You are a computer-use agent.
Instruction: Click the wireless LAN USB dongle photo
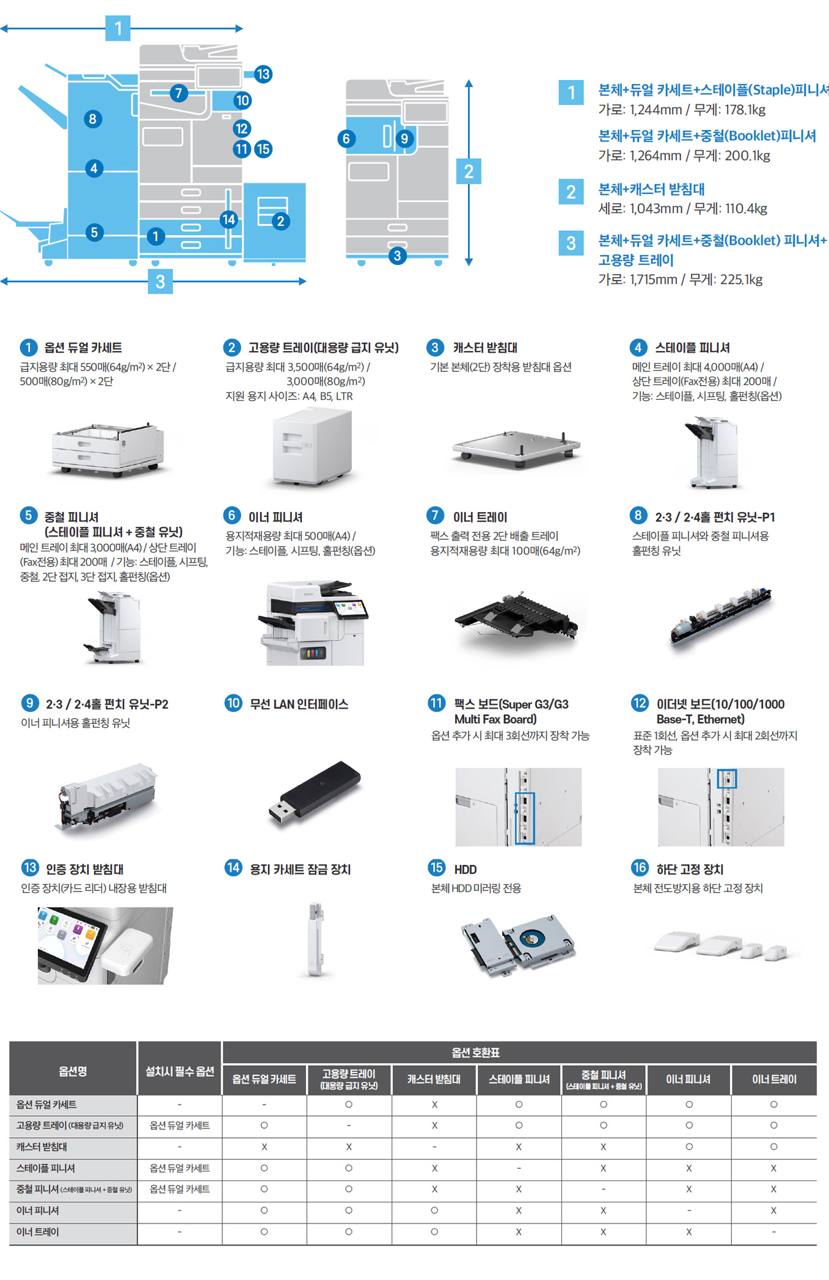(x=315, y=793)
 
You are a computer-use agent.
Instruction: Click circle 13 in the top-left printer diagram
(x=263, y=74)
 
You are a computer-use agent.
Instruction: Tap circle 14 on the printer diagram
(x=228, y=219)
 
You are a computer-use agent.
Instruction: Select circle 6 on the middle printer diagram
(x=346, y=139)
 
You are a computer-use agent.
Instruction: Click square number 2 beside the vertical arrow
(x=469, y=171)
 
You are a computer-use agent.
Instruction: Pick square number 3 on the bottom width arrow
(x=160, y=281)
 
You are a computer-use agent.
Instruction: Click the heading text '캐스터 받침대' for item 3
(x=485, y=347)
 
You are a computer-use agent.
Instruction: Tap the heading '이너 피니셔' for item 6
(x=276, y=517)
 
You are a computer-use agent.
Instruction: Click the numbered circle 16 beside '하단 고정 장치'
(x=640, y=867)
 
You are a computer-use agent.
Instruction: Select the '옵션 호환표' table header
(x=475, y=1052)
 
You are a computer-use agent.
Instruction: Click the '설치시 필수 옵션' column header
(x=180, y=1071)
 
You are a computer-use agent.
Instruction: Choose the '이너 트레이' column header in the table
(x=774, y=1079)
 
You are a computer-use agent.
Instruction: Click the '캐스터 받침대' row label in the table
(x=42, y=1147)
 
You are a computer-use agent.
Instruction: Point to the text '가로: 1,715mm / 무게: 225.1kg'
(x=681, y=280)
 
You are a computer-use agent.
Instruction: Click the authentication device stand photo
(x=105, y=946)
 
